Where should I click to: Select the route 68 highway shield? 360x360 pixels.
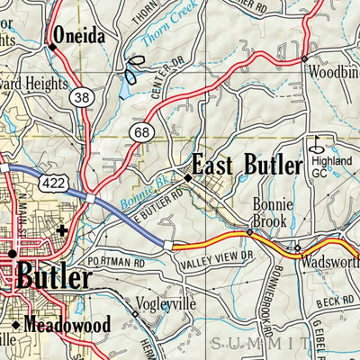click(x=140, y=132)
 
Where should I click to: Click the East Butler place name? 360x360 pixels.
click(x=244, y=166)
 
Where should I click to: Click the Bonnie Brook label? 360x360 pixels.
click(x=269, y=212)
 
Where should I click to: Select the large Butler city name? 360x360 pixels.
click(x=57, y=276)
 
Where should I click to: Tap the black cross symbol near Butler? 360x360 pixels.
click(x=61, y=230)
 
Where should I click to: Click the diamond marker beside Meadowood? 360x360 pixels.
click(x=16, y=325)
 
